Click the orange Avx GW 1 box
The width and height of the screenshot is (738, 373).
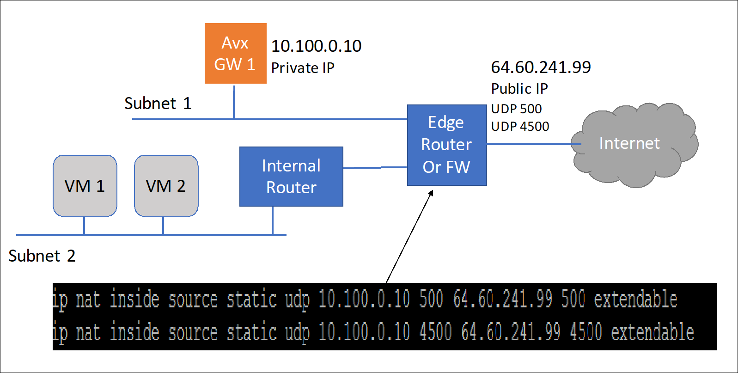pyautogui.click(x=235, y=53)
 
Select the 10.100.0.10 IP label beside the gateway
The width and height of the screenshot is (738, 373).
pyautogui.click(x=316, y=46)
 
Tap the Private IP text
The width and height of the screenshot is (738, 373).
pyautogui.click(x=302, y=68)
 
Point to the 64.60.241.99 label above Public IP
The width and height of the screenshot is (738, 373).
pyautogui.click(x=541, y=67)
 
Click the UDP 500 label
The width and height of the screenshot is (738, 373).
pyautogui.click(x=516, y=109)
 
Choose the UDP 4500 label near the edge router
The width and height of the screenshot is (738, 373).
pyautogui.click(x=520, y=126)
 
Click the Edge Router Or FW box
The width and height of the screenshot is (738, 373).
pyautogui.click(x=446, y=145)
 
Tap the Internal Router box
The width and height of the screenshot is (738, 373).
pyautogui.click(x=291, y=177)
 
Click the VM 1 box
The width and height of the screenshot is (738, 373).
pyautogui.click(x=85, y=186)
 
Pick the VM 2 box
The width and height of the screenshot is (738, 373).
pyautogui.click(x=166, y=186)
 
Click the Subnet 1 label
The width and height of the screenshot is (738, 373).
pyautogui.click(x=158, y=103)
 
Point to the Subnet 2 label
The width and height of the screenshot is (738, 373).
pyautogui.click(x=42, y=256)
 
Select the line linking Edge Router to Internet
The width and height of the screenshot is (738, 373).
pyautogui.click(x=531, y=144)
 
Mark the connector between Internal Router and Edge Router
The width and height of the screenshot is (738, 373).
pyautogui.click(x=374, y=167)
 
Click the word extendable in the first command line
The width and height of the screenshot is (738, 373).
pyautogui.click(x=635, y=300)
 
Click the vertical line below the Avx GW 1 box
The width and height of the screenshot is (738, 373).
pyautogui.click(x=234, y=102)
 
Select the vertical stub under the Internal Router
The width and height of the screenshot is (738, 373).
pyautogui.click(x=273, y=220)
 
